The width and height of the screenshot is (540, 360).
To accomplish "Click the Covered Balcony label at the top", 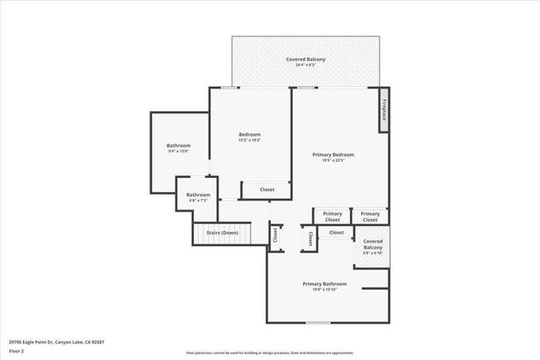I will point(305,59).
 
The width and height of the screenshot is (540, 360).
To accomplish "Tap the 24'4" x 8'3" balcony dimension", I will point(305,65).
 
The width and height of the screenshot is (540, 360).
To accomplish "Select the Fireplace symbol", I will point(384,111).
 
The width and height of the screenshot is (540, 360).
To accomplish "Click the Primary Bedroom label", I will point(333,154).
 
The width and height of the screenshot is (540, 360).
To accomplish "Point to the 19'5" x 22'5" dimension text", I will point(333,160).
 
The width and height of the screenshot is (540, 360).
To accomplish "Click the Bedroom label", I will point(250,134).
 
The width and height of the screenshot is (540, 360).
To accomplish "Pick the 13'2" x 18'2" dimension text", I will point(250,140).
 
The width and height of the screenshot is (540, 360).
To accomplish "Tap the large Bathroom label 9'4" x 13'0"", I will point(179,146).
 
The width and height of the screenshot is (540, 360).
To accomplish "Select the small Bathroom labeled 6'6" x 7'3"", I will point(198,195).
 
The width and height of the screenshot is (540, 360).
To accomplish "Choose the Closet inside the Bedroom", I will point(267,190).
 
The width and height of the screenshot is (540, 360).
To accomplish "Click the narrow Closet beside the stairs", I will point(275,235).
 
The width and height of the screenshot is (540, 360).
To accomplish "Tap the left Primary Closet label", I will point(332,216).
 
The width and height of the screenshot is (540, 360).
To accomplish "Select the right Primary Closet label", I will point(370,216).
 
